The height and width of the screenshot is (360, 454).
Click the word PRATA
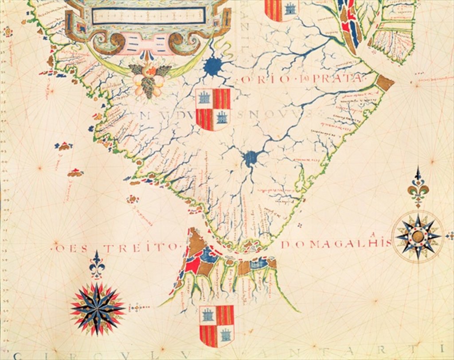pyautogui.click(x=339, y=79)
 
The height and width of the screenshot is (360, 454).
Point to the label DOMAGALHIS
pyautogui.click(x=337, y=243)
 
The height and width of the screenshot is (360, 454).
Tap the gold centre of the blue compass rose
pyautogui.click(x=418, y=236)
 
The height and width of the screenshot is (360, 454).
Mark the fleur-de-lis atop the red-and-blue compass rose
pyautogui.click(x=97, y=265)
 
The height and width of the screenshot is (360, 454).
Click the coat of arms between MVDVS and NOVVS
pyautogui.click(x=213, y=109)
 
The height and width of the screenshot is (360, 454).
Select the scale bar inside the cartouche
pyautogui.click(x=149, y=16)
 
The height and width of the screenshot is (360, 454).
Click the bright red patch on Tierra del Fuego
pyautogui.click(x=192, y=265)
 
